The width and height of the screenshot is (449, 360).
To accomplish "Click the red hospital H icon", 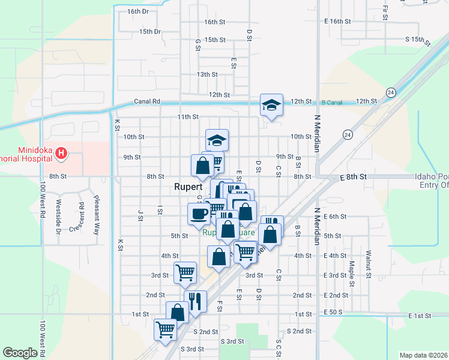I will tap(61, 154).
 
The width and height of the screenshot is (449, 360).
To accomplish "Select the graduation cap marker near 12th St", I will tap(271, 105).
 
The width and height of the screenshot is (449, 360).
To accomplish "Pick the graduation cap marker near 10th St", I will tap(217, 140).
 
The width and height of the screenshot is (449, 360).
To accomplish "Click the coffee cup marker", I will tap(199, 213).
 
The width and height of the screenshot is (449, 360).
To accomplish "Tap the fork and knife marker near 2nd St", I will tap(195, 301).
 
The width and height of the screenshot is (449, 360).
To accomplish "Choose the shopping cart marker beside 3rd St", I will tap(185, 272).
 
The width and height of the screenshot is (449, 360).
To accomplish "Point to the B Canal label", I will tap(331, 103).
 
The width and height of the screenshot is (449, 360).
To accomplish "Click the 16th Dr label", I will tap(138, 11).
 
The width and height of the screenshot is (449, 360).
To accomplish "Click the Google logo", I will tap(20, 353).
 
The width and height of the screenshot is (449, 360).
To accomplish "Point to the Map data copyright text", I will tap(423, 355).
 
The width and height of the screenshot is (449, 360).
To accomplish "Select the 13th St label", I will tap(207, 74).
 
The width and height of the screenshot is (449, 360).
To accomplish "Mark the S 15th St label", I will tap(418, 41).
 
